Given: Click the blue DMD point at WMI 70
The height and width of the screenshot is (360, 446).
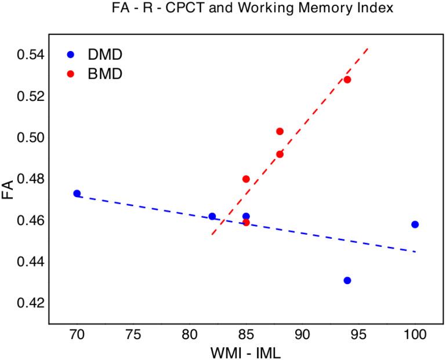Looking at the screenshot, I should [x=77, y=194].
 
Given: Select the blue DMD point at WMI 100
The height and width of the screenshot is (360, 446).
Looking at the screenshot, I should [x=415, y=224].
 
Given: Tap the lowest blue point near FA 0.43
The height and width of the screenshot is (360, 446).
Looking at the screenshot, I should [x=347, y=281].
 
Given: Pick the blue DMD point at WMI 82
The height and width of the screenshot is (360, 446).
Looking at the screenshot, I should [x=212, y=216].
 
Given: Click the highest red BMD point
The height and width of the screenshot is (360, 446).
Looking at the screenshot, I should [x=347, y=79].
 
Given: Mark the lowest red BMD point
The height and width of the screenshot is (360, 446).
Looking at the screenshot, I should [x=246, y=222].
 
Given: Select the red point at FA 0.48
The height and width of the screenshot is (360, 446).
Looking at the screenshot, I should [x=246, y=179].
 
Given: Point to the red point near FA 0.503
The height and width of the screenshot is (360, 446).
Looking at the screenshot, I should [x=280, y=132].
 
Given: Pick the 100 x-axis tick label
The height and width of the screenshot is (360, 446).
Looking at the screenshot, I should [x=415, y=335].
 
